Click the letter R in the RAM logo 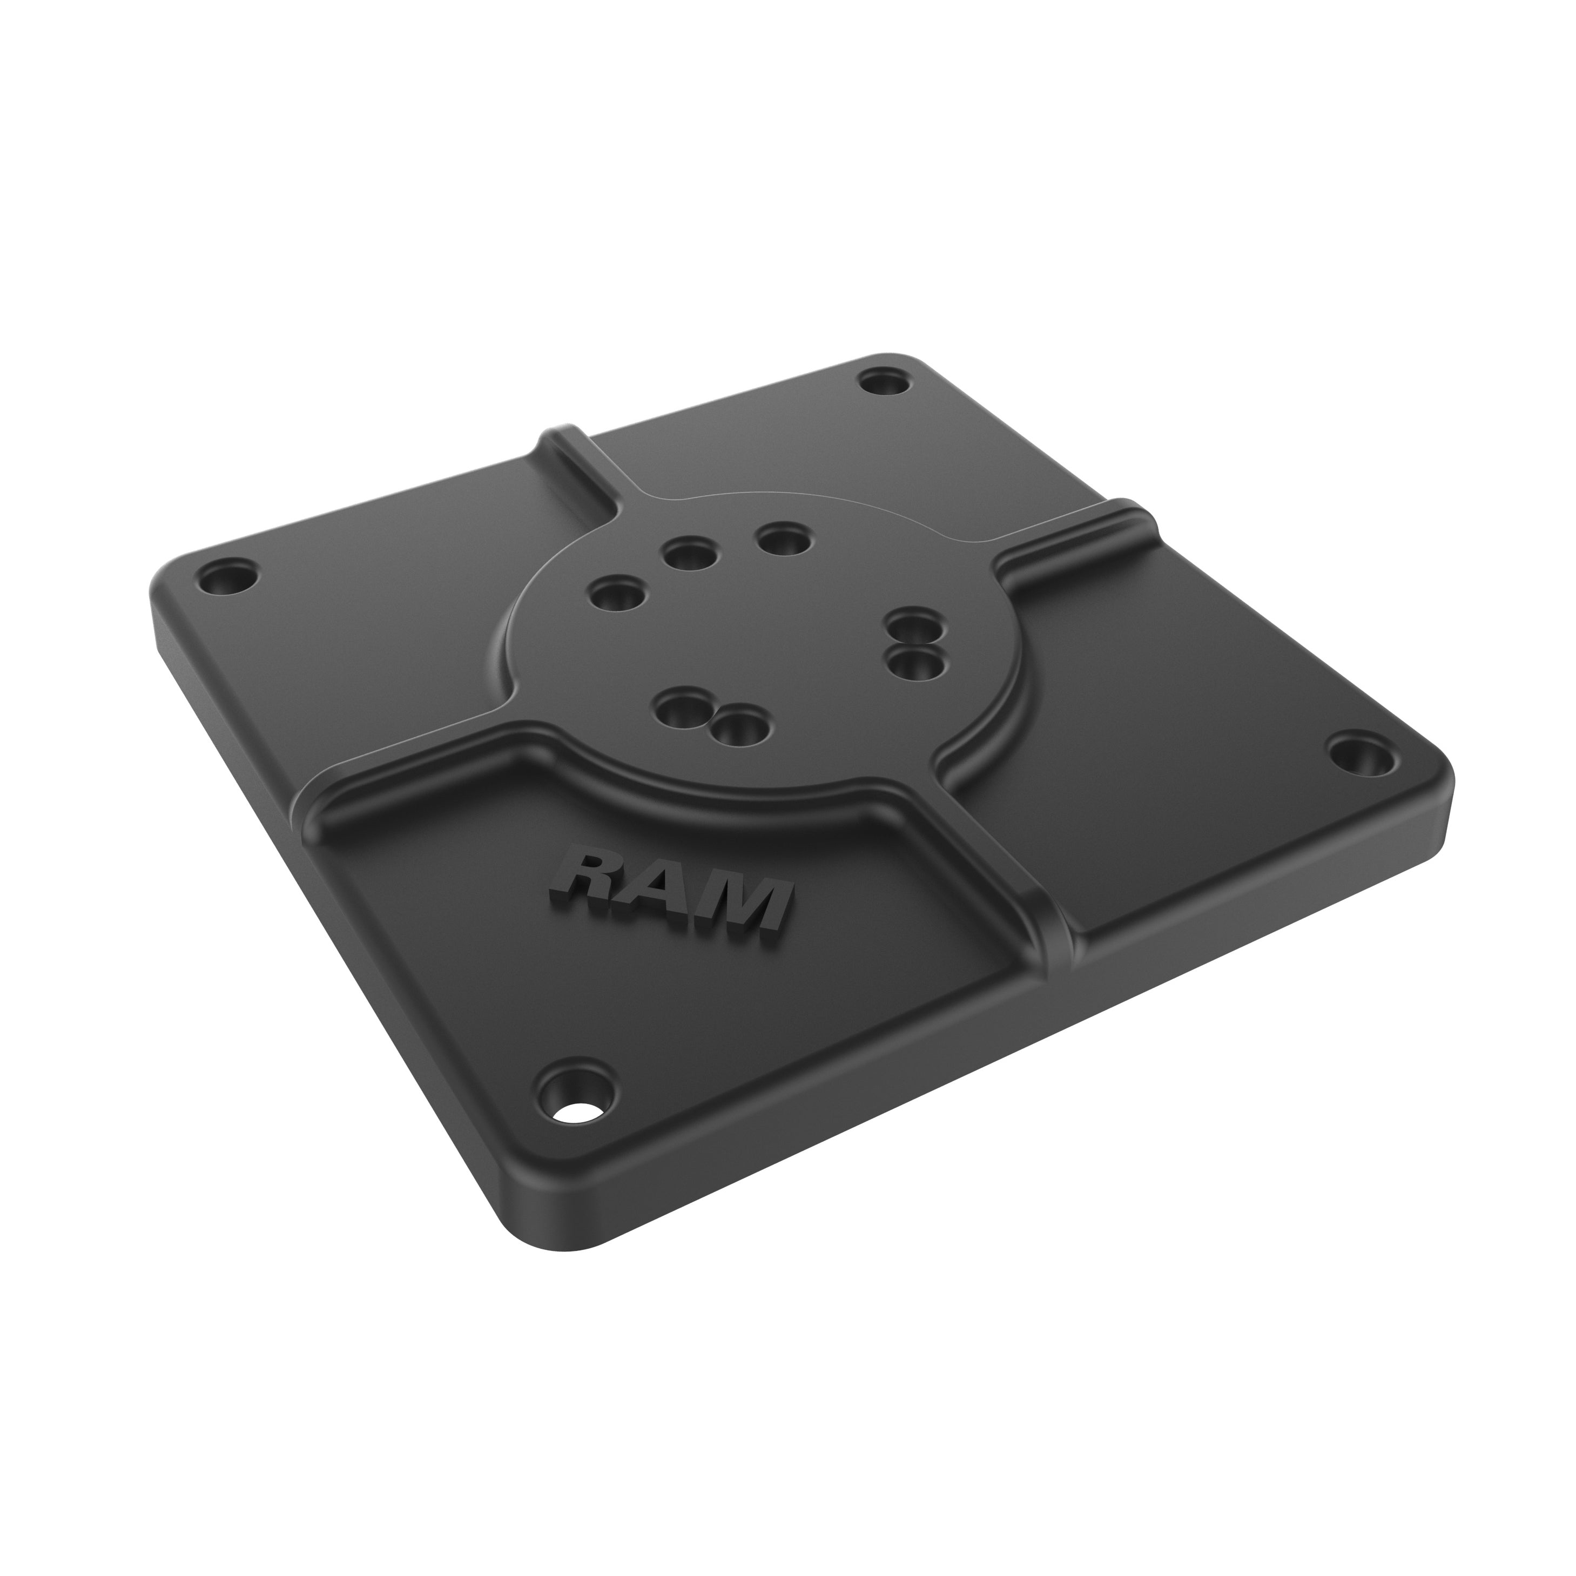582,876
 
